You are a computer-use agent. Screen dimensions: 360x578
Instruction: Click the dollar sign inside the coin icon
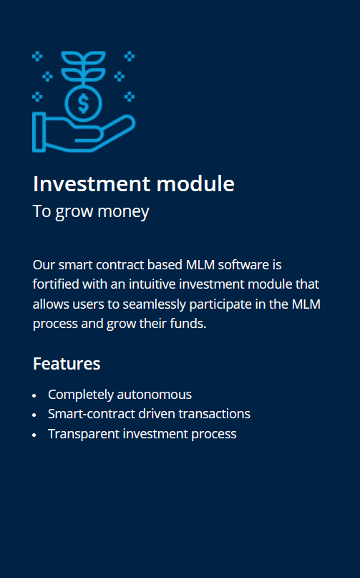pyautogui.click(x=84, y=103)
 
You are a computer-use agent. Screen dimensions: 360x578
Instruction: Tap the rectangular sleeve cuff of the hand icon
pyautogui.click(x=39, y=132)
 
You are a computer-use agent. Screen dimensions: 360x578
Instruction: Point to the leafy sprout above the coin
pyautogui.click(x=84, y=67)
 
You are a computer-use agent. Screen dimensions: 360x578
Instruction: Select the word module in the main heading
pyautogui.click(x=195, y=183)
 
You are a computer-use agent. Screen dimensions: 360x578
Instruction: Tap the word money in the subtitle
pyautogui.click(x=123, y=212)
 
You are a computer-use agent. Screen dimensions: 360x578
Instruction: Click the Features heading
pyautogui.click(x=67, y=364)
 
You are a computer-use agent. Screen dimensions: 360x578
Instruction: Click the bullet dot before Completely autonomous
pyautogui.click(x=34, y=395)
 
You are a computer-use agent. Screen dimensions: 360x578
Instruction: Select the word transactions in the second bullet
pyautogui.click(x=215, y=414)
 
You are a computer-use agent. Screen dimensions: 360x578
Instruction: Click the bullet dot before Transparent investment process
pyautogui.click(x=34, y=435)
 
